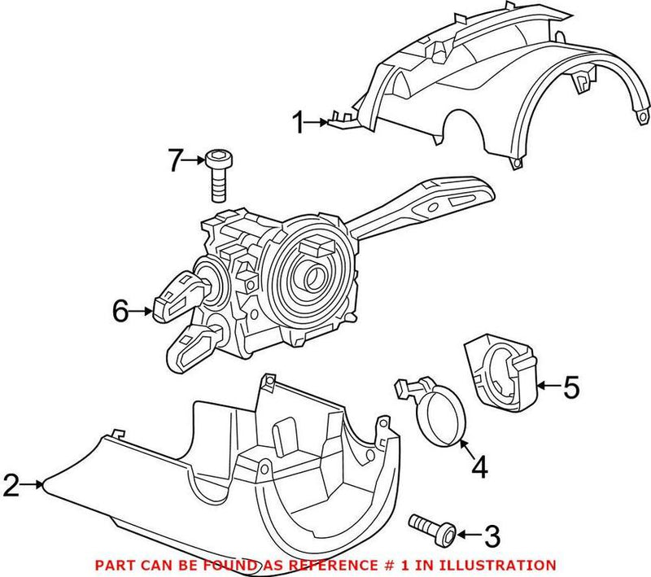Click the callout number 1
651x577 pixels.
point(299,124)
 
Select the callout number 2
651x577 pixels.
point(11,486)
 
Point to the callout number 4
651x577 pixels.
point(479,466)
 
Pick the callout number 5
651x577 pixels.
point(571,388)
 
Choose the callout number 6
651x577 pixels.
point(121,311)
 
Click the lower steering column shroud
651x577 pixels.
point(269,472)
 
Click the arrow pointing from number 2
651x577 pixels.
point(34,486)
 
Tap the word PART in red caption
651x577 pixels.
point(115,564)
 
